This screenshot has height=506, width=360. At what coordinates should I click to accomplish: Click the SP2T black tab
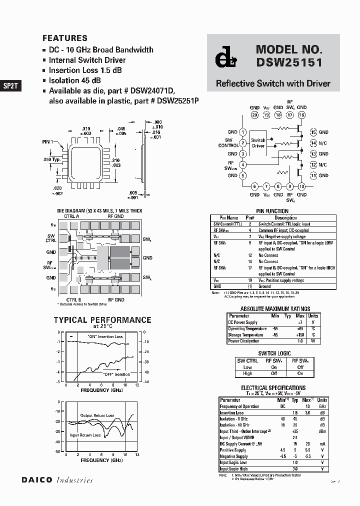[x=10, y=85]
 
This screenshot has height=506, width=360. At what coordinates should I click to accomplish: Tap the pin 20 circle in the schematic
[x=254, y=115]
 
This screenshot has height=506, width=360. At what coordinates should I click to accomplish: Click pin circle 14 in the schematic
[x=313, y=143]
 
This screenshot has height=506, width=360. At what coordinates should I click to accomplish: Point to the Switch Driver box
[x=258, y=143]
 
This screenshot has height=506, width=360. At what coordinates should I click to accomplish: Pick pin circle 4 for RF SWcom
[x=243, y=164]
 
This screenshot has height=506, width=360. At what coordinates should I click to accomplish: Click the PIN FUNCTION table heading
[x=272, y=211]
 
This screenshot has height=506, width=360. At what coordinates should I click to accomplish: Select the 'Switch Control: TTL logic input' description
[x=284, y=224]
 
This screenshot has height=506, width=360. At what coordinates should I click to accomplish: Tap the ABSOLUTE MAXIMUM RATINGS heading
[x=275, y=309]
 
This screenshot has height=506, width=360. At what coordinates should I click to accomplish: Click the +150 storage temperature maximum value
[x=300, y=334]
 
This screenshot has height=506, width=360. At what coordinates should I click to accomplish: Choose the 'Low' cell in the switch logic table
[x=247, y=367]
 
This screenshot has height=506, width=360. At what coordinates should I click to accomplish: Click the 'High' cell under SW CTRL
[x=247, y=373]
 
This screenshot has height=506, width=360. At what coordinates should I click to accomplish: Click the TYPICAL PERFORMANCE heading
[x=102, y=320]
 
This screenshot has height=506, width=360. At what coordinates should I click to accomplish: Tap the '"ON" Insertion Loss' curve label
[x=105, y=337]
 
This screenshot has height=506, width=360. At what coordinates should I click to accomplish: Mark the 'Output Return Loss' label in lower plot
[x=97, y=415]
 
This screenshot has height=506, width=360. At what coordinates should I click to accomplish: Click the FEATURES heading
[x=65, y=38]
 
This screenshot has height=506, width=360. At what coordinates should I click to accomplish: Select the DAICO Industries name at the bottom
[x=57, y=480]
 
